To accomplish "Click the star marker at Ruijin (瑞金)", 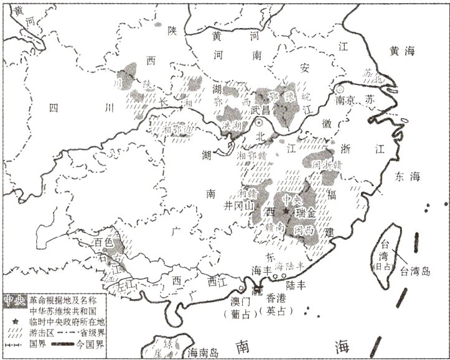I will (286, 213).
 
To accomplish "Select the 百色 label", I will (103, 241).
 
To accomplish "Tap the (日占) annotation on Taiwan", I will (385, 265).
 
